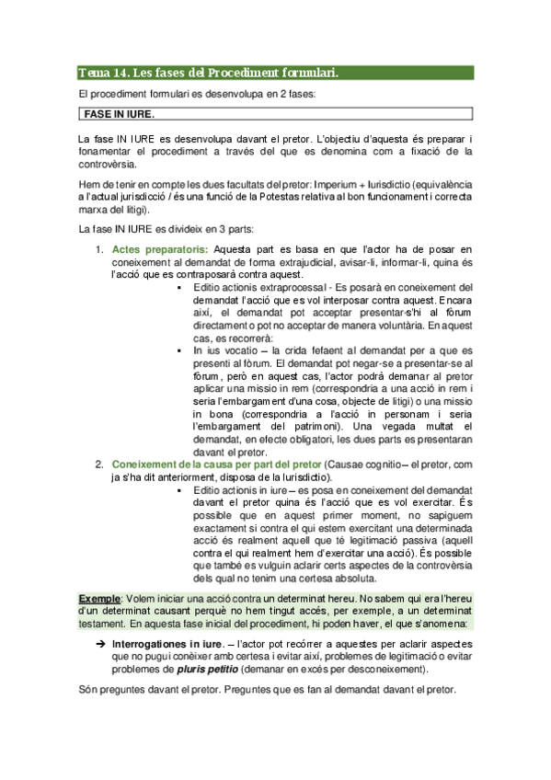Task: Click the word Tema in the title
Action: tap(91, 73)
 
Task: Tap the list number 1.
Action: tap(99, 249)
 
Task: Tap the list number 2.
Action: tap(99, 465)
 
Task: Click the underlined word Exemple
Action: tap(99, 599)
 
